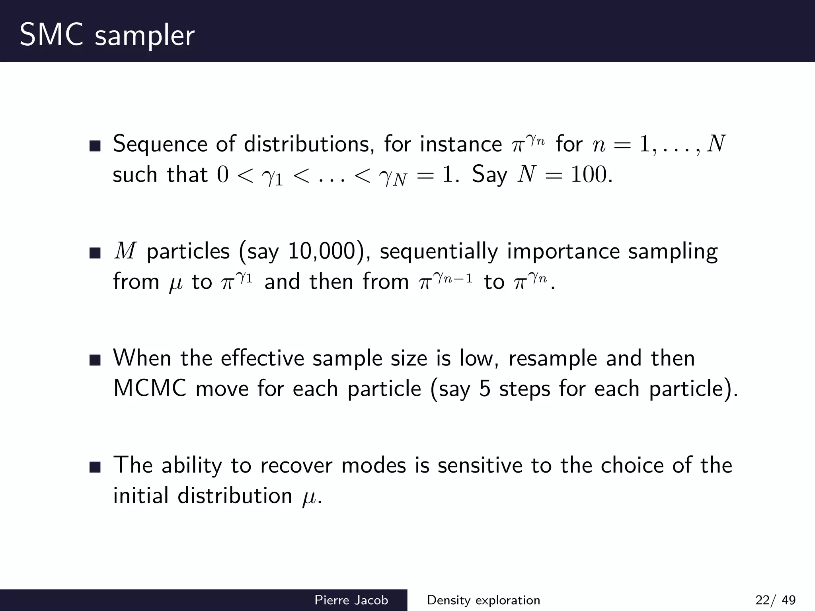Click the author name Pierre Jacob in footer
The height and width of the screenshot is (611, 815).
[x=351, y=600]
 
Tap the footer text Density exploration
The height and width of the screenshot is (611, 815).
[x=483, y=600]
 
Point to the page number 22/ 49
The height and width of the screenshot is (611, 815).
[x=775, y=600]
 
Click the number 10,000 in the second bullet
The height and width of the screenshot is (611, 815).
[x=321, y=251]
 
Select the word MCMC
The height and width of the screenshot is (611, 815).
[x=150, y=388]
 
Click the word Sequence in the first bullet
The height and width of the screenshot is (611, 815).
[x=160, y=144]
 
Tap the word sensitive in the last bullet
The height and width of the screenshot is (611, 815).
[x=480, y=465]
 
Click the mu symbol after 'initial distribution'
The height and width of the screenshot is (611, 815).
[x=309, y=497]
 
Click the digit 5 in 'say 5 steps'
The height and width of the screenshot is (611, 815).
[x=484, y=388]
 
